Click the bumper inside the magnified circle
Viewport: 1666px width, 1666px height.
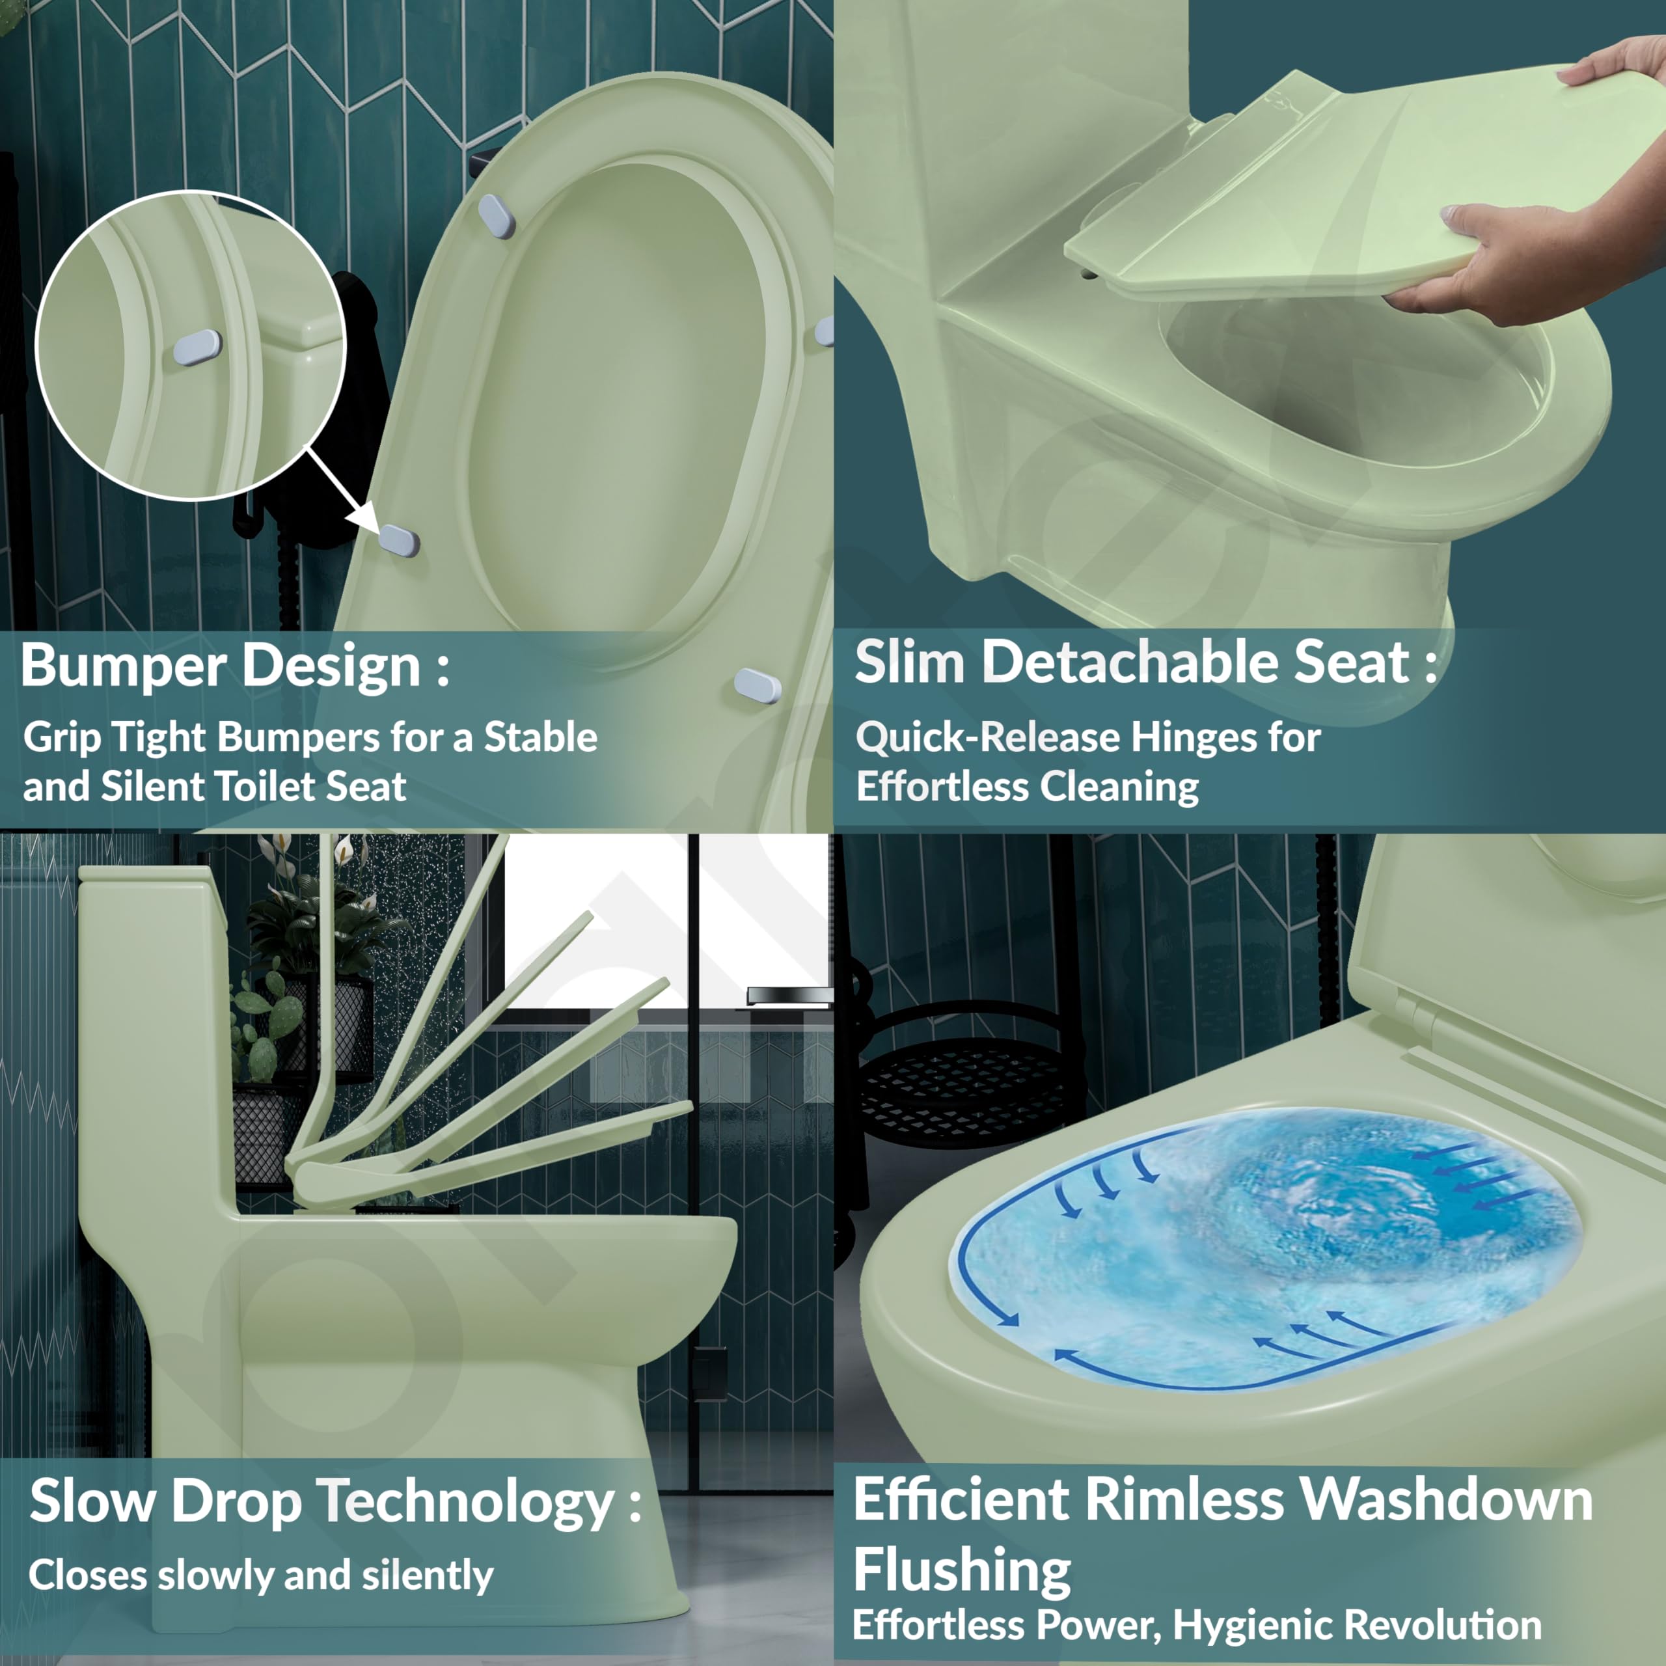tap(197, 348)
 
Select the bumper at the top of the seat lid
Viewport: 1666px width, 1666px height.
tap(497, 215)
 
